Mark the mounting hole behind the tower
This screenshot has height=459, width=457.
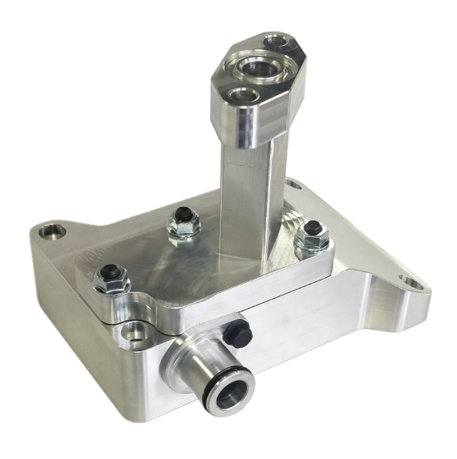pyautogui.click(x=292, y=183)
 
